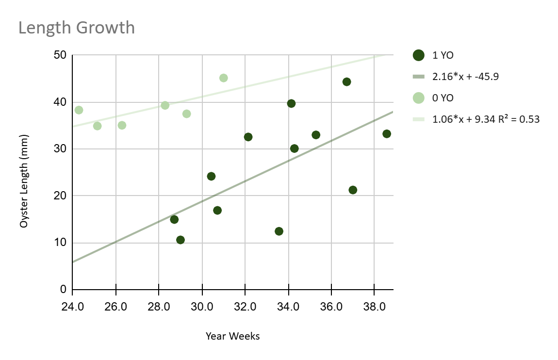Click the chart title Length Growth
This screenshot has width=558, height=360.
click(76, 28)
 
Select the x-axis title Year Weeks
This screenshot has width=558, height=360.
click(232, 336)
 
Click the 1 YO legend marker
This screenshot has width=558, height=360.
click(419, 55)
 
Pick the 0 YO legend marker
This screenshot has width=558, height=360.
click(419, 98)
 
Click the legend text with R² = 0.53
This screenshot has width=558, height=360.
click(486, 119)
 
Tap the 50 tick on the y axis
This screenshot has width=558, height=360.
click(60, 55)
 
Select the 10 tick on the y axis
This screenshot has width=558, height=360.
click(60, 243)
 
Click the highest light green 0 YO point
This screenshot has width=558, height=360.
click(223, 78)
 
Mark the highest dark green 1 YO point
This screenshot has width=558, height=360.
click(346, 82)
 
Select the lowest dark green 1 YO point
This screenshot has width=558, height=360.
click(181, 240)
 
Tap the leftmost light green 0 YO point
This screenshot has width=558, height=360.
click(79, 110)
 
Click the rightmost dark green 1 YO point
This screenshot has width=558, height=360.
click(387, 134)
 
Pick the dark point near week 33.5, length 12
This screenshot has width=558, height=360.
click(279, 231)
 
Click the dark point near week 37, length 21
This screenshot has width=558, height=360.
click(353, 190)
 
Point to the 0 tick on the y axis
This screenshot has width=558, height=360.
click(63, 290)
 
